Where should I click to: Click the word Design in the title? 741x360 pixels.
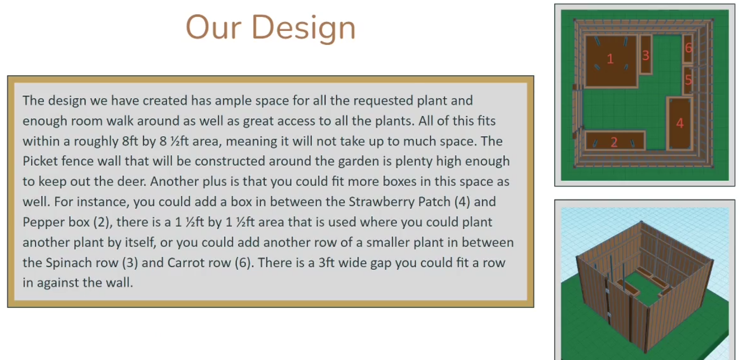click(303, 28)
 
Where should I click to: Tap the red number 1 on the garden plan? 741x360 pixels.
click(610, 59)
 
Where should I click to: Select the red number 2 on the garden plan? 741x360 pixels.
click(614, 142)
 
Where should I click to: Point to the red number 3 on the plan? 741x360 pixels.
click(646, 55)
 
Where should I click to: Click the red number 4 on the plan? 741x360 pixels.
click(680, 123)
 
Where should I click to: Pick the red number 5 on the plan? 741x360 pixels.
click(688, 80)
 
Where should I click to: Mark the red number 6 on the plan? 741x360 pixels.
click(689, 48)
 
